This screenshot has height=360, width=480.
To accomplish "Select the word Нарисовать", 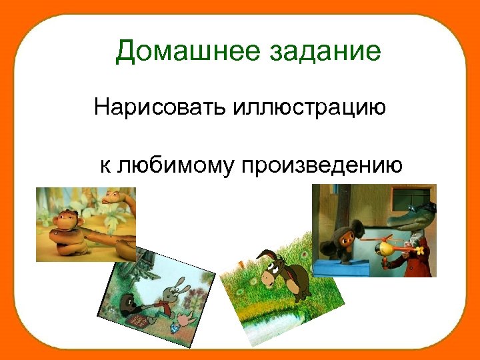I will click(x=159, y=107).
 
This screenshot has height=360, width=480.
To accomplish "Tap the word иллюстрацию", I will click(x=309, y=107).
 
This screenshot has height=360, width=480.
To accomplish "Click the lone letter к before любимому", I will click(x=105, y=164).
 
